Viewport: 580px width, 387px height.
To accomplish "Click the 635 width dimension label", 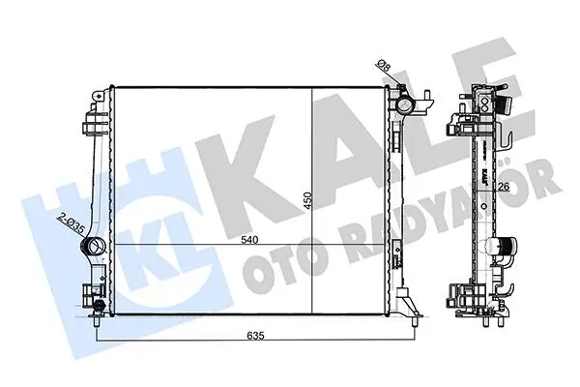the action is point(255,336).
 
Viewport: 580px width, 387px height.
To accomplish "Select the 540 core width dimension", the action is point(249,240).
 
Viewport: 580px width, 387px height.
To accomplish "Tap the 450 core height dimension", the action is point(308,201).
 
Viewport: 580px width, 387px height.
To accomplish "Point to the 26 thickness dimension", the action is point(503,187).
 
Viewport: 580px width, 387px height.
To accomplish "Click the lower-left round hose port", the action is point(93,246).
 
